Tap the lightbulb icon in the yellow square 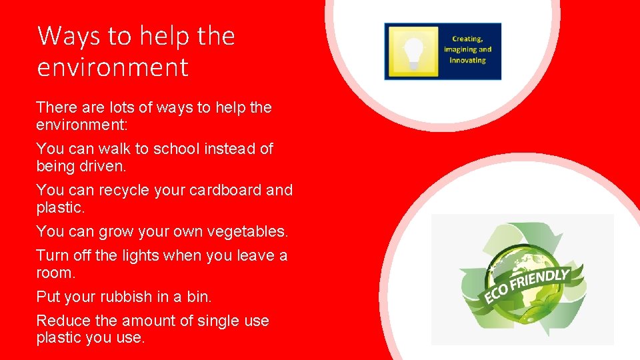[414, 52]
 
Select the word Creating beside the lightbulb [467, 39]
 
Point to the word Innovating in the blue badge [467, 60]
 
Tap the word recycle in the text [125, 191]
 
